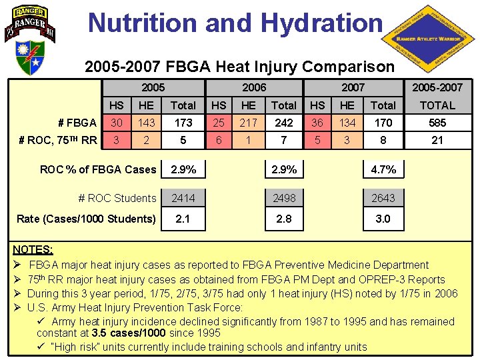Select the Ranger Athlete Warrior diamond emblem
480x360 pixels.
tap(429, 39)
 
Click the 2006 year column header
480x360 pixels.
tap(253, 87)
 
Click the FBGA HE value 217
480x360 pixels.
tap(249, 123)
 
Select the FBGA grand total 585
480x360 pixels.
tap(437, 123)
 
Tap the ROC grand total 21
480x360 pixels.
tap(437, 140)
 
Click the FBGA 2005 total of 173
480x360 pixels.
tap(183, 123)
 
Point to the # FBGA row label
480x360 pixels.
tap(77, 123)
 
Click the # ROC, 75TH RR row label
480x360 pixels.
tap(58, 140)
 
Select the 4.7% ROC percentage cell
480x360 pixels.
tap(383, 169)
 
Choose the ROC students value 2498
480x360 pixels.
tap(283, 198)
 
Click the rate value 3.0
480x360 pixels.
tap(383, 219)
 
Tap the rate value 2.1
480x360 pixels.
tap(183, 219)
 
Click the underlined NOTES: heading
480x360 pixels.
tap(33, 249)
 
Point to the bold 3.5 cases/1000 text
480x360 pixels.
tap(125, 332)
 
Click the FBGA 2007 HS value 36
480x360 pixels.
tap(318, 123)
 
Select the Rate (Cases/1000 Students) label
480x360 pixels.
tap(86, 219)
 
